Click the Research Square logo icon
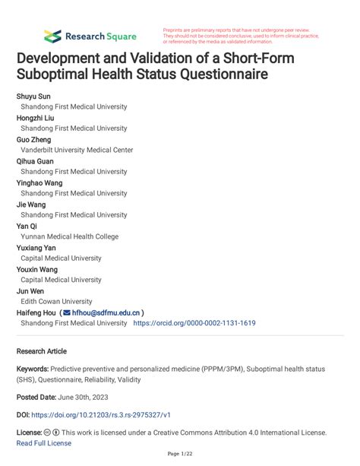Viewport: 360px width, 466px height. pos(52,36)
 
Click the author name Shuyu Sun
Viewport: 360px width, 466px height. pos(33,97)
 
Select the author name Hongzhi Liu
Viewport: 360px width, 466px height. pos(36,118)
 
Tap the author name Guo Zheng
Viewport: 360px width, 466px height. pos(35,139)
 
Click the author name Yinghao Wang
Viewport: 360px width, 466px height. pos(39,182)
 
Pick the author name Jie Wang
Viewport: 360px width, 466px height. pos(31,204)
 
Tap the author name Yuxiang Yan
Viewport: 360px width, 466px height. pos(36,248)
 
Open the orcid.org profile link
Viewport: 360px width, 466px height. pos(194,323)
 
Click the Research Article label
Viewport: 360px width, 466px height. pos(41,351)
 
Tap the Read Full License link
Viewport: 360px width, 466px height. pos(43,443)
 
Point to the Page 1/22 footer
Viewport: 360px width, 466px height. pos(179,455)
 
